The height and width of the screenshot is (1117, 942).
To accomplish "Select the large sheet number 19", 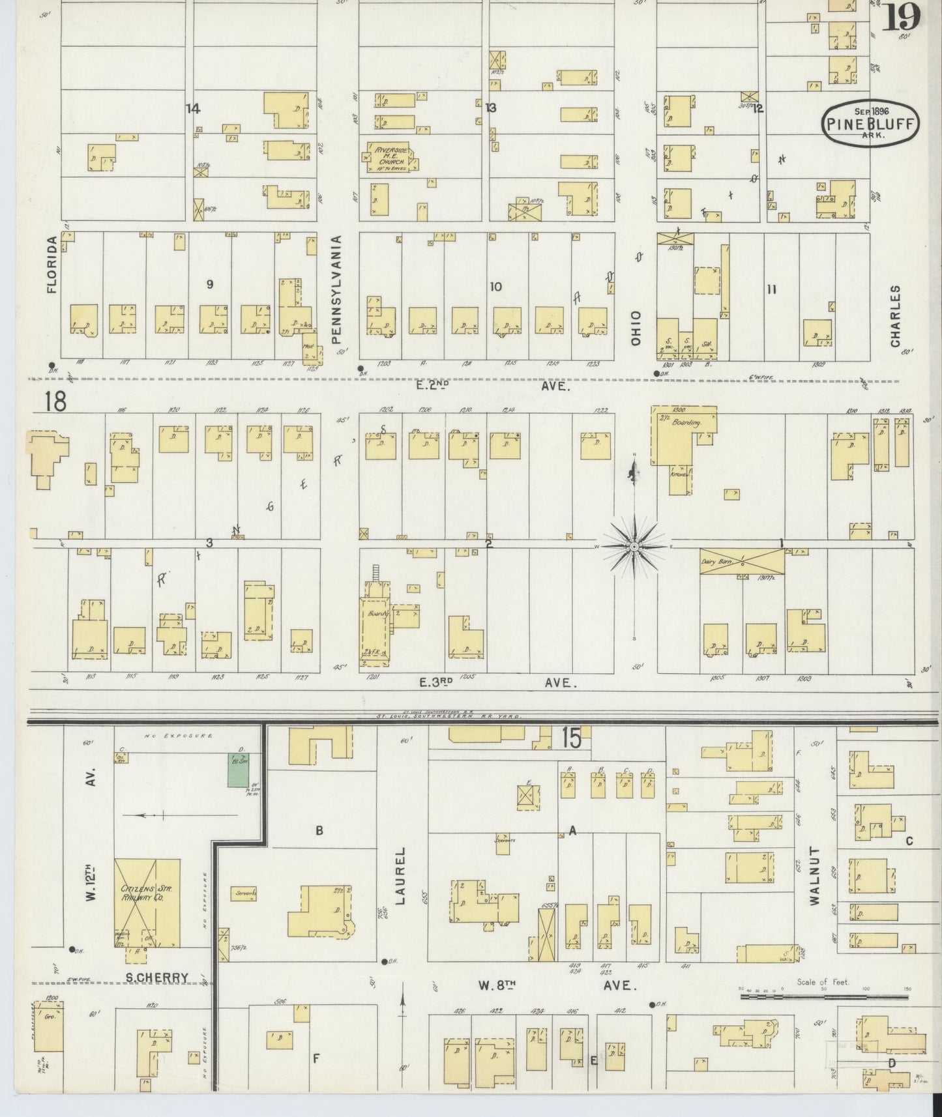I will (x=902, y=16).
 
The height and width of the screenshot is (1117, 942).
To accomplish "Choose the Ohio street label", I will (x=636, y=328).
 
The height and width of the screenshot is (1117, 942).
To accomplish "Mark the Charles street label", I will (x=895, y=316).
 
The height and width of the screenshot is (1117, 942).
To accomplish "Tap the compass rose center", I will (x=634, y=547).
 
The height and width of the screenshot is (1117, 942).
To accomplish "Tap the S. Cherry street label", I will (x=157, y=978).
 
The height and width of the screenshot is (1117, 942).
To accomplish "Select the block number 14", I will (x=192, y=109).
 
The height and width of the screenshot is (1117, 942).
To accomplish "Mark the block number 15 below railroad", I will (x=570, y=739).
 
